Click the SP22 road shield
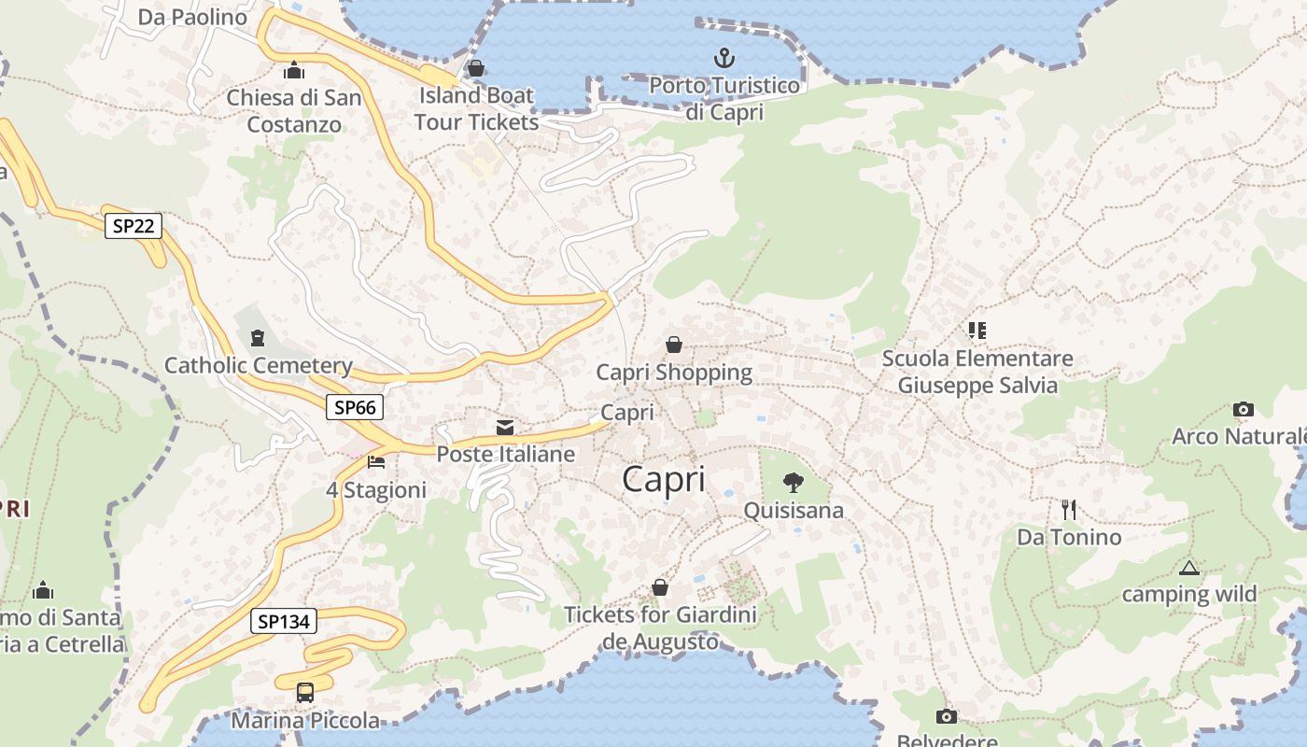click(x=134, y=225)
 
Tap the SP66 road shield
click(x=355, y=407)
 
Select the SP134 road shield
click(x=284, y=621)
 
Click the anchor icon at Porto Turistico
click(x=724, y=58)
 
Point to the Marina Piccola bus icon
click(x=305, y=692)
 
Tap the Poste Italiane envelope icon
click(x=505, y=428)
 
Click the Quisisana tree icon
click(x=794, y=483)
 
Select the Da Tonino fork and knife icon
click(x=1069, y=509)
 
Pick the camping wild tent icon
click(x=1188, y=567)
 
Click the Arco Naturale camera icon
click(x=1243, y=409)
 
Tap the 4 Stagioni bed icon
click(x=376, y=462)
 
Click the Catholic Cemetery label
click(x=259, y=365)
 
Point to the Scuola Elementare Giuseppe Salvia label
click(x=977, y=372)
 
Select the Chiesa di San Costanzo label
click(x=294, y=110)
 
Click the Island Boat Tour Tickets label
click(x=476, y=108)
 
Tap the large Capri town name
click(x=664, y=479)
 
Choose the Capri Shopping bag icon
click(x=674, y=345)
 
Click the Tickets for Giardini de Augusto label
click(x=661, y=627)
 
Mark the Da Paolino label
click(x=192, y=17)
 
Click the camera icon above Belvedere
click(x=947, y=716)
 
